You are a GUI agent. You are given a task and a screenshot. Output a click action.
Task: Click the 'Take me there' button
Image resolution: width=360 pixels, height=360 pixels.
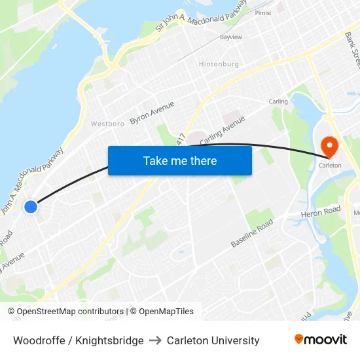pos(180,160)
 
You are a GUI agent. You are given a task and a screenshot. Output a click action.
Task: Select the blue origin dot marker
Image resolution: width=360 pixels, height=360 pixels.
pos(31,207)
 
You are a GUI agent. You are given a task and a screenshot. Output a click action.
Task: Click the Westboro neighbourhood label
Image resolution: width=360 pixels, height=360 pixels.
pos(107,124)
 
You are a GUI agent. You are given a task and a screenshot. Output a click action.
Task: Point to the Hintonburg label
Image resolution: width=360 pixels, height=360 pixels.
pos(219,64)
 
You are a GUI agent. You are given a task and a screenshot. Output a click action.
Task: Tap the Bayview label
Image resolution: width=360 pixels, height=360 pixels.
pos(231,37)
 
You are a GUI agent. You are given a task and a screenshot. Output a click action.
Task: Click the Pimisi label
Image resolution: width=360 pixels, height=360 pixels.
pos(263,12)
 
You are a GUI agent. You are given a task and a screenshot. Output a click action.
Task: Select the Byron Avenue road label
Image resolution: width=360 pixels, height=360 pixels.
pos(152,113)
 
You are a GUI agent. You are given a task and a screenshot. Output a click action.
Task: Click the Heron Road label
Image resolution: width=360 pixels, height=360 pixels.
pos(321,212)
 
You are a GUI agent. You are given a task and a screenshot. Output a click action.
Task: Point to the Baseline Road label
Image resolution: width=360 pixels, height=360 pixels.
pos(252,234)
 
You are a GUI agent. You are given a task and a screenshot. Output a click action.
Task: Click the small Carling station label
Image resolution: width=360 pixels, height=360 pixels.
pos(278,101)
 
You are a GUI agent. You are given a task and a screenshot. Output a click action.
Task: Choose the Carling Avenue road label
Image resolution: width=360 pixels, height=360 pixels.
pos(223,130)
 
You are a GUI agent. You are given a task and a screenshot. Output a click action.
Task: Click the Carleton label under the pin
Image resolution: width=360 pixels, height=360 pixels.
pos(330,166)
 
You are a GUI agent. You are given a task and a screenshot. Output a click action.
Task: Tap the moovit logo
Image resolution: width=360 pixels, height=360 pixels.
pos(320,340)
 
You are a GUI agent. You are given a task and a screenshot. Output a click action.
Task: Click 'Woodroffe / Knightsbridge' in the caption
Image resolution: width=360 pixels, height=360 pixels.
pos(79,340)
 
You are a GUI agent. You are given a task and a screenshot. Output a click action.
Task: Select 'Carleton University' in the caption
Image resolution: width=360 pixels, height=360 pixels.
pos(213,340)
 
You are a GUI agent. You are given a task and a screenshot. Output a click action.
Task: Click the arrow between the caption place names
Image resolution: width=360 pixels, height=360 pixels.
pos(155,340)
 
